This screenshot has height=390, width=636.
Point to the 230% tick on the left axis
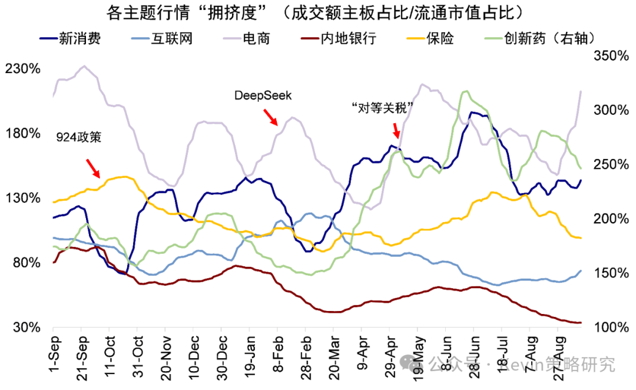tap(23, 69)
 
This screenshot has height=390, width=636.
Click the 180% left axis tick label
tap(23, 134)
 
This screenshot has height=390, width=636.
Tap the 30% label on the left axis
tap(26, 328)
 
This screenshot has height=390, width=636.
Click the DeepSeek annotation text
tap(263, 95)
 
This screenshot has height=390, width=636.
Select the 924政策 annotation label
tap(79, 138)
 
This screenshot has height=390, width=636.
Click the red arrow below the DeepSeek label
tap(270, 117)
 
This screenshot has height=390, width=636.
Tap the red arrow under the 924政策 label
tap(92, 168)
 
